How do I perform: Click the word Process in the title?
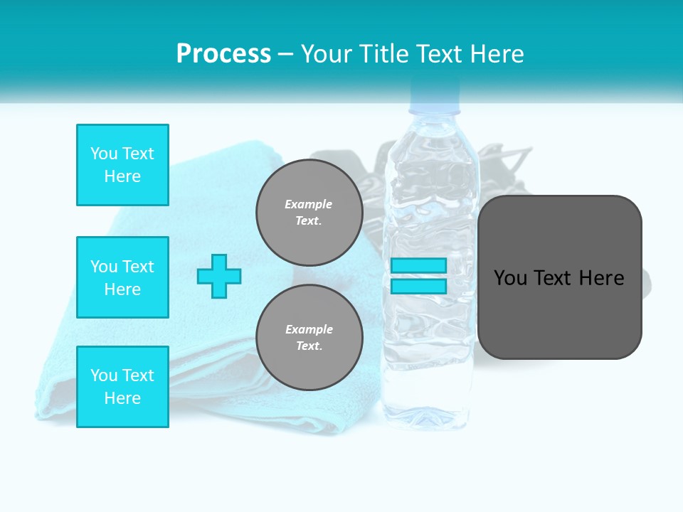click(223, 54)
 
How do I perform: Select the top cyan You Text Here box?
click(122, 165)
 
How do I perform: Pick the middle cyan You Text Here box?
click(122, 277)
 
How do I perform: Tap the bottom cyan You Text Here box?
click(122, 387)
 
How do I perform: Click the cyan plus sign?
click(219, 276)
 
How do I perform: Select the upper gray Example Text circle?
click(309, 212)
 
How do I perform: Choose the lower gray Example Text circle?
click(309, 337)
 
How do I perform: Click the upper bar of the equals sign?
click(418, 265)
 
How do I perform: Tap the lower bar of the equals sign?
click(418, 286)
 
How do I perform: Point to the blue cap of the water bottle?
click(433, 96)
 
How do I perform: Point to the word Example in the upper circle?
click(308, 204)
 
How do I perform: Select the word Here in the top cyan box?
click(122, 176)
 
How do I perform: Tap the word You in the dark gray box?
click(510, 278)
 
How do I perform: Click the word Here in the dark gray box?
click(601, 278)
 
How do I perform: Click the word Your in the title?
click(326, 54)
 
